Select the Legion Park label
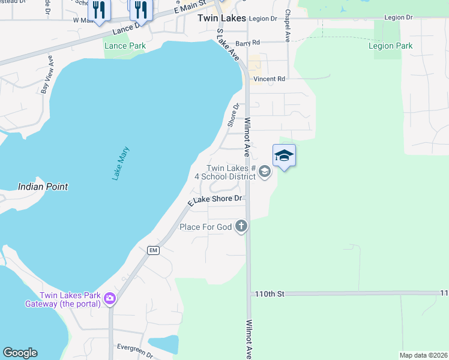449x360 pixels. pyautogui.click(x=390, y=46)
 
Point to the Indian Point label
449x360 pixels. pyautogui.click(x=43, y=187)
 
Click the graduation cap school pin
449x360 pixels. pyautogui.click(x=284, y=156)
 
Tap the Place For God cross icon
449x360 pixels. pyautogui.click(x=241, y=226)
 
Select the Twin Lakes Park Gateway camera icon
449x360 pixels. pyautogui.click(x=110, y=298)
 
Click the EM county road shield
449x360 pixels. pyautogui.click(x=154, y=250)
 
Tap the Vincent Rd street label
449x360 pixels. pyautogui.click(x=269, y=79)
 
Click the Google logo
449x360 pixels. pyautogui.click(x=20, y=353)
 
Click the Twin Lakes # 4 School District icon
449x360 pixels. pyautogui.click(x=265, y=173)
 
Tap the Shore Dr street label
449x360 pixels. pyautogui.click(x=234, y=115)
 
